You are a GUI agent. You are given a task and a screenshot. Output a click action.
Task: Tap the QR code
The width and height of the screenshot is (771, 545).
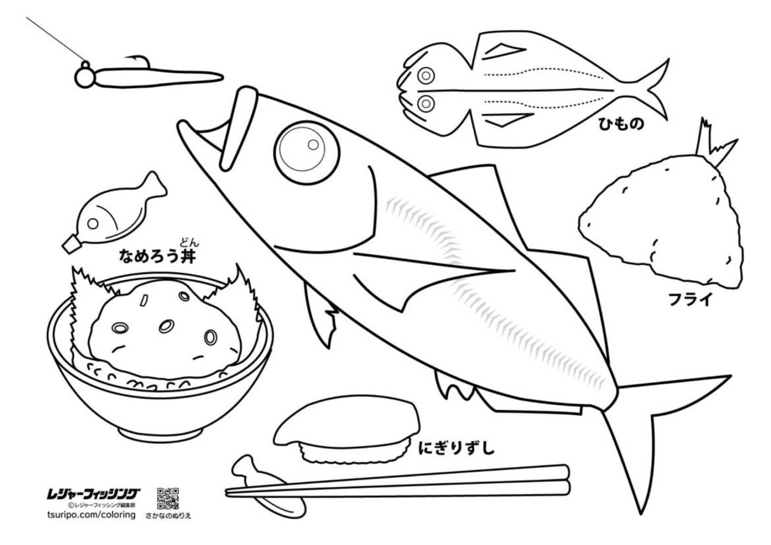coord(168,498)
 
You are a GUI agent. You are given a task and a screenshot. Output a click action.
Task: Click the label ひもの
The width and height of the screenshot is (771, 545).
coord(621,124)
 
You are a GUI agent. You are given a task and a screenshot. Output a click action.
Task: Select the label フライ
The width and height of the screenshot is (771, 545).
coord(689,299)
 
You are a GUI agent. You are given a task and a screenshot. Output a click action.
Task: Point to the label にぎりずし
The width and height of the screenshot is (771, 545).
coord(456,448)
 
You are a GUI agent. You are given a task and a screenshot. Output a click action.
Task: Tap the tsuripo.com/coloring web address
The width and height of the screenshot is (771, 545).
coord(91,515)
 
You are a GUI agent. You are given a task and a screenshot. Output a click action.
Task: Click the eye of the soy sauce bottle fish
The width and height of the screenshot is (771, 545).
coord(93,224)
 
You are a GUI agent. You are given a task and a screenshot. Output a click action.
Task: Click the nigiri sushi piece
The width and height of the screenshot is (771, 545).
coord(347,430)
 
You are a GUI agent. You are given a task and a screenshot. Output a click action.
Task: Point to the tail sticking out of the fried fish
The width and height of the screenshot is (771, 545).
coord(716,146)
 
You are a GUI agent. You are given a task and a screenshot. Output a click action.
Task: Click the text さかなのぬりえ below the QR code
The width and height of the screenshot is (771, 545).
coord(168,516)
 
